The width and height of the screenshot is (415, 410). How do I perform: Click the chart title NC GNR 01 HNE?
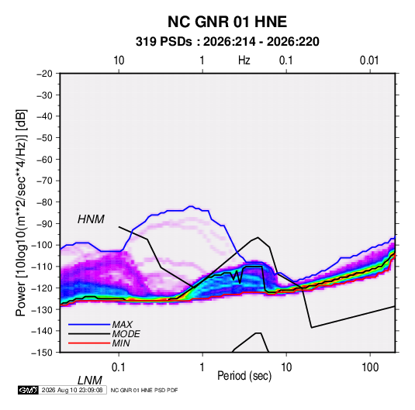click(x=227, y=22)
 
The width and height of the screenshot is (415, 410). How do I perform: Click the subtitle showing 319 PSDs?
click(x=227, y=42)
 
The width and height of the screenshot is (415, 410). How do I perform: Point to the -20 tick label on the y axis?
click(x=44, y=74)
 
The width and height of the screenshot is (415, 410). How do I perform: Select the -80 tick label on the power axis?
click(x=44, y=202)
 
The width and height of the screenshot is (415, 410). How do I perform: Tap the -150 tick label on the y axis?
click(x=43, y=353)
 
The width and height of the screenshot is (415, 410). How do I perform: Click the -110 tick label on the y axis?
click(x=43, y=267)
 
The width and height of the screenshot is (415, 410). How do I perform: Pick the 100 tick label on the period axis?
click(x=370, y=367)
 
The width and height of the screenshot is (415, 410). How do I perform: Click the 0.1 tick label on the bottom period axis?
click(x=118, y=367)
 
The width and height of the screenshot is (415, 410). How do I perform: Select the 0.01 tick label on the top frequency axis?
click(x=369, y=60)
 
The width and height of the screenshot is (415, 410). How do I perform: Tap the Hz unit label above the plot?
click(x=244, y=60)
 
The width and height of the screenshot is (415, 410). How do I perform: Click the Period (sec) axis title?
click(x=244, y=376)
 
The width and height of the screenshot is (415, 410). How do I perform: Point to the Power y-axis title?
click(x=21, y=212)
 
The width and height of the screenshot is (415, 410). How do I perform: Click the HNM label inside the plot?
click(x=91, y=219)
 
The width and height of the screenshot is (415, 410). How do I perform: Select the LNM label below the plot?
click(x=89, y=381)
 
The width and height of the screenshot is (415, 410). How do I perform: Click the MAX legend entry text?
click(x=122, y=324)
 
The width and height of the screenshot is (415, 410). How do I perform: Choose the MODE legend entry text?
click(x=126, y=334)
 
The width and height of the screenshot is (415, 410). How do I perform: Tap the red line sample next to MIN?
click(x=89, y=343)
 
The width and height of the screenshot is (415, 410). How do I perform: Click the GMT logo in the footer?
click(x=28, y=390)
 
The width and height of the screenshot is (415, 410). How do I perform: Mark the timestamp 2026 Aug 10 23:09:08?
click(x=72, y=390)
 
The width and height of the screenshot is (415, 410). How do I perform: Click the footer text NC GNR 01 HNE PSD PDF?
click(x=144, y=390)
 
